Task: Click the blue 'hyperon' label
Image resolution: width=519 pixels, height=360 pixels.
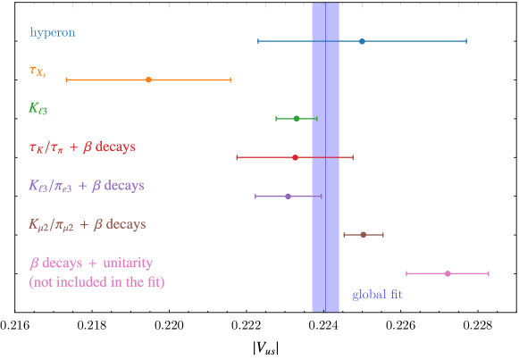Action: pyautogui.click(x=53, y=33)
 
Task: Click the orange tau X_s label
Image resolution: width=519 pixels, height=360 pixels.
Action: pyautogui.click(x=38, y=71)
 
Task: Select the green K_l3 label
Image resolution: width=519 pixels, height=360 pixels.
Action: pyautogui.click(x=38, y=108)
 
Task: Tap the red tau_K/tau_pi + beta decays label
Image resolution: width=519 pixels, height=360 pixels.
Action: pyautogui.click(x=82, y=147)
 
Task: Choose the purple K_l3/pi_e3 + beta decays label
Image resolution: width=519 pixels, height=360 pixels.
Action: pyautogui.click(x=86, y=186)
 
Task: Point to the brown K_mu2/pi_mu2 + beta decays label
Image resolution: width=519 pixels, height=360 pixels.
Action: pyautogui.click(x=87, y=225)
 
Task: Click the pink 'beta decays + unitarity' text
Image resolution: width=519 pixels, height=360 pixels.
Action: pyautogui.click(x=90, y=264)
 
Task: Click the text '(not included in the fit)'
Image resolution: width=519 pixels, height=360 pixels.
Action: pyautogui.click(x=96, y=282)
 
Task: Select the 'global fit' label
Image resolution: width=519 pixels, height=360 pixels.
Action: pyautogui.click(x=377, y=294)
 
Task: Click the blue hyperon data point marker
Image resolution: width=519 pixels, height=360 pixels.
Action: pyautogui.click(x=362, y=41)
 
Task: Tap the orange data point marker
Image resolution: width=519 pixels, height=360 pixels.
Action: pyautogui.click(x=148, y=80)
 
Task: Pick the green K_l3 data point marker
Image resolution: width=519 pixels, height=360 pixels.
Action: pyautogui.click(x=297, y=118)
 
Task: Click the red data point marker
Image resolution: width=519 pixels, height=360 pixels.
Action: pyautogui.click(x=295, y=157)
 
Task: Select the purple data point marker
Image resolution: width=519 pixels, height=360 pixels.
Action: pyautogui.click(x=288, y=196)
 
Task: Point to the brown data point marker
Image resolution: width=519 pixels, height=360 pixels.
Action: pyautogui.click(x=363, y=234)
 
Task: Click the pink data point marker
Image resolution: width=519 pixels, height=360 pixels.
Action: pyautogui.click(x=448, y=273)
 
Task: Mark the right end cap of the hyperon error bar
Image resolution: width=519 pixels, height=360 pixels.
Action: pyautogui.click(x=466, y=41)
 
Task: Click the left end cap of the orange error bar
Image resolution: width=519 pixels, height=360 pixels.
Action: pyautogui.click(x=66, y=80)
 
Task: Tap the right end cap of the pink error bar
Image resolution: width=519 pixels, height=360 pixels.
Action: pyautogui.click(x=489, y=273)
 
